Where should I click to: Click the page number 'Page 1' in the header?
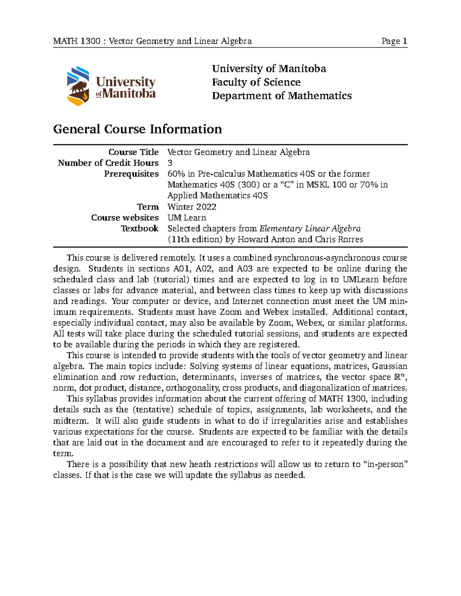[394, 41]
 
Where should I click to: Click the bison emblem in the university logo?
[78, 86]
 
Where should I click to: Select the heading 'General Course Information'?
[137, 129]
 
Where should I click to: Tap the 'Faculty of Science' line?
[256, 82]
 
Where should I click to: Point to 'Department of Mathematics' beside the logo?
[282, 96]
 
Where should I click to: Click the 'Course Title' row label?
[133, 152]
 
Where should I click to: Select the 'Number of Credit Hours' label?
[108, 163]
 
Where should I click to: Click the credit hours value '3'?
[170, 163]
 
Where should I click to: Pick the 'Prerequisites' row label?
[131, 174]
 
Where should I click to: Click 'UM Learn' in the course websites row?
[187, 218]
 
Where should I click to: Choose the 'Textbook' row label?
[139, 228]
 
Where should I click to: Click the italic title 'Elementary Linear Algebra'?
[310, 229]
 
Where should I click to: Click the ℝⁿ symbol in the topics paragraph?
[399, 377]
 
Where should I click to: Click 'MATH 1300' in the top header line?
[77, 41]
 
